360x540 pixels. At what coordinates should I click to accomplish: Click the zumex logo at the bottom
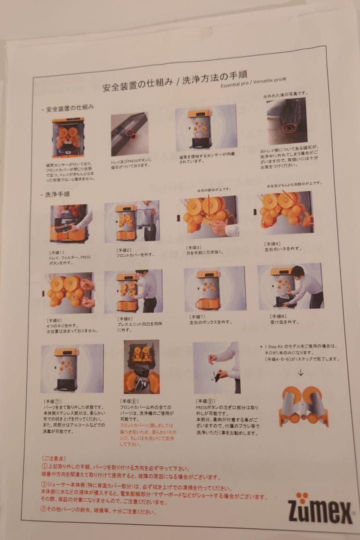319,506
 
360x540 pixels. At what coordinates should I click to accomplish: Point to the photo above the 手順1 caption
69,223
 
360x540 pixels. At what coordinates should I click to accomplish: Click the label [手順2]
124,249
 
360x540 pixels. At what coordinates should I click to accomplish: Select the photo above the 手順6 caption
133,291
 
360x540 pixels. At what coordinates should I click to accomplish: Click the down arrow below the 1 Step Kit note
300,372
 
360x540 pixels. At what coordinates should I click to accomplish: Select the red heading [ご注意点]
53,458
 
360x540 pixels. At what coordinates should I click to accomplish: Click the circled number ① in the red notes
44,466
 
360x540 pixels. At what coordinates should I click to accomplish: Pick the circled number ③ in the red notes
44,510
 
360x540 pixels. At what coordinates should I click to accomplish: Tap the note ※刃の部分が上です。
214,190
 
